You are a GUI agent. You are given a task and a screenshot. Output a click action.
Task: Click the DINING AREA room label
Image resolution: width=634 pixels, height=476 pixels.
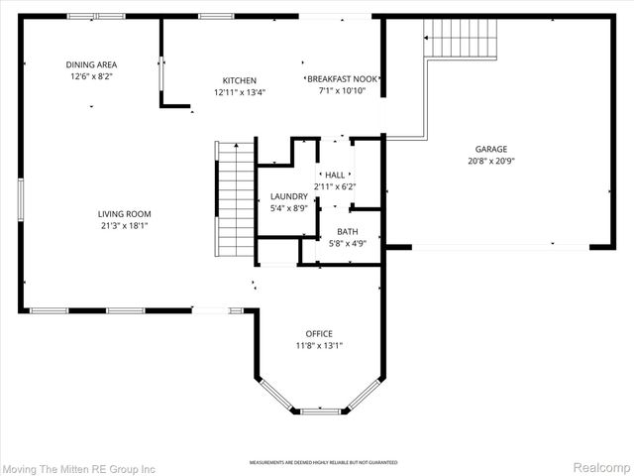pyautogui.click(x=91, y=64)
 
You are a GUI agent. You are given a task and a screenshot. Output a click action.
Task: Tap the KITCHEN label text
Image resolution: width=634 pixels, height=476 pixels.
pyautogui.click(x=239, y=80)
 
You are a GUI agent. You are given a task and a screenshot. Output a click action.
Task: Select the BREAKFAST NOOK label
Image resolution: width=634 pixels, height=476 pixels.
pyautogui.click(x=343, y=79)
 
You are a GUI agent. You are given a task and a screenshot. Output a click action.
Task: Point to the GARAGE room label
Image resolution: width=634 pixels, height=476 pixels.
pyautogui.click(x=490, y=150)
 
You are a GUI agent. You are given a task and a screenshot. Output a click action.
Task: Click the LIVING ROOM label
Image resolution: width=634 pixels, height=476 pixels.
pyautogui.click(x=124, y=213)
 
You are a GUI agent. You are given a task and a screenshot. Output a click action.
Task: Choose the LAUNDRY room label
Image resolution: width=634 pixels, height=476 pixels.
pyautogui.click(x=289, y=196)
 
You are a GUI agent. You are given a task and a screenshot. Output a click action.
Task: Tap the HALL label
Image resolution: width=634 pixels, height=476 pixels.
pyautogui.click(x=334, y=176)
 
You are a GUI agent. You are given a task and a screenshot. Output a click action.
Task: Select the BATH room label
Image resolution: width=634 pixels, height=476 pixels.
pyautogui.click(x=347, y=231)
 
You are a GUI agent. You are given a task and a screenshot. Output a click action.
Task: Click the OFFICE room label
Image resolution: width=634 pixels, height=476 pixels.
pyautogui.click(x=319, y=333)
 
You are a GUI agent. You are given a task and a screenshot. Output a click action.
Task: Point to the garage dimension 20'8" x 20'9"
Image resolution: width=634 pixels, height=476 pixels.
pyautogui.click(x=490, y=161)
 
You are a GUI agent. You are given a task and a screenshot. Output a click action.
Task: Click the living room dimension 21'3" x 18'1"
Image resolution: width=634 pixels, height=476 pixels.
pyautogui.click(x=124, y=225)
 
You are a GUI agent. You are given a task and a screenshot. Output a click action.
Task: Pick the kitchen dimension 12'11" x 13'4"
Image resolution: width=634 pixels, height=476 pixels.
pyautogui.click(x=239, y=92)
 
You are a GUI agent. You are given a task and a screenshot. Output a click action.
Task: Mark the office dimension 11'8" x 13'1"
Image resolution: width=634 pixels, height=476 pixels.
pyautogui.click(x=319, y=345)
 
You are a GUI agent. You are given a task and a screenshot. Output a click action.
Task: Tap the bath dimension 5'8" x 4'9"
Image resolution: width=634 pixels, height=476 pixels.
pyautogui.click(x=347, y=242)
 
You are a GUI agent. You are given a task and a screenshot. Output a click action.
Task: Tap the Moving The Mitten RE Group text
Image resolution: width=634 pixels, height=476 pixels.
pyautogui.click(x=79, y=467)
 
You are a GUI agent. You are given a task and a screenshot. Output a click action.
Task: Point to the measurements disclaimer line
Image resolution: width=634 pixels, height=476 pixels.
pyautogui.click(x=323, y=462)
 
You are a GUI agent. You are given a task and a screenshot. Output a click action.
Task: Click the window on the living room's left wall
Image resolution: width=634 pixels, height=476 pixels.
pyautogui.click(x=20, y=198)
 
